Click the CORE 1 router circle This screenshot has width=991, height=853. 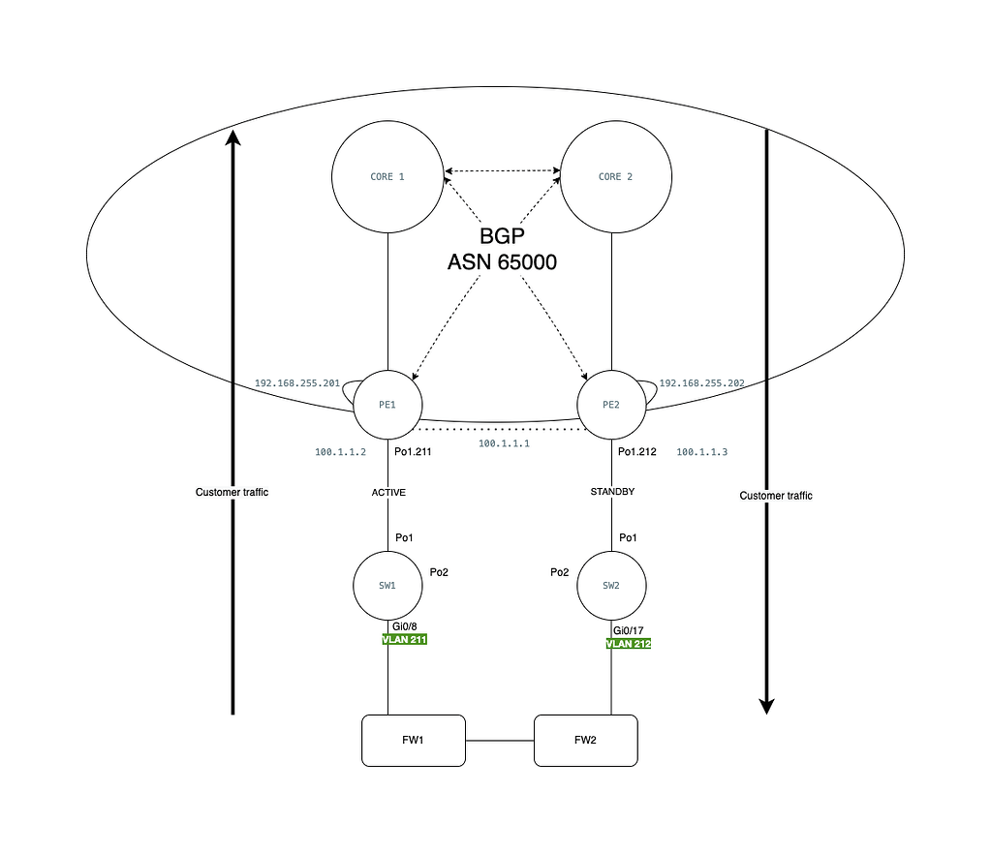tap(387, 177)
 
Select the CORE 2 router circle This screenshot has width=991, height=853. tap(616, 177)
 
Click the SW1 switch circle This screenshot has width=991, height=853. tap(387, 586)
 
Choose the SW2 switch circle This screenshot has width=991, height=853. tap(610, 586)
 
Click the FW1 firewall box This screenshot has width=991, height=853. tap(413, 741)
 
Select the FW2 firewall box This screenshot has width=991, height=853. tap(586, 741)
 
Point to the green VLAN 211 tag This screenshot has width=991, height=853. tap(406, 640)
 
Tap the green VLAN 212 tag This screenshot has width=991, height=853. tap(629, 643)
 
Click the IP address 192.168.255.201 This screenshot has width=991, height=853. tap(297, 383)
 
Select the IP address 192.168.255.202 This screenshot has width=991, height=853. tap(701, 383)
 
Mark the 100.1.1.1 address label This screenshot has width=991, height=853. tap(504, 443)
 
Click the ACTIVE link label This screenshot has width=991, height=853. tap(388, 493)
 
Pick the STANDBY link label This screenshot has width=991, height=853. tap(611, 492)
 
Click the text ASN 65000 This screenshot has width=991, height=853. tap(502, 261)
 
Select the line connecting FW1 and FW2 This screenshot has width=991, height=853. tap(500, 741)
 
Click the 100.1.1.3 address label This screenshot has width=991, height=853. tap(700, 452)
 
